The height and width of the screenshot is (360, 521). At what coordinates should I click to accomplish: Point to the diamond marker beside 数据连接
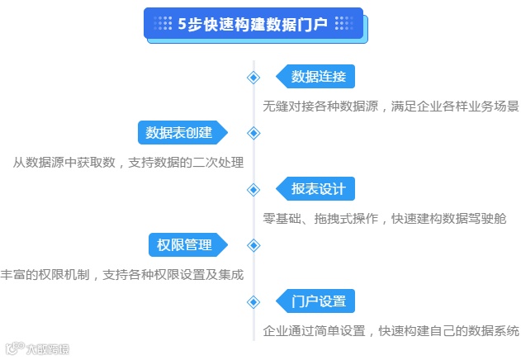[x=253, y=78]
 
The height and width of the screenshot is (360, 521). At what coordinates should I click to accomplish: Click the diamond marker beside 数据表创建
[x=253, y=133]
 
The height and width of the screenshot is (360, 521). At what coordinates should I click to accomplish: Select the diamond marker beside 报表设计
[x=253, y=189]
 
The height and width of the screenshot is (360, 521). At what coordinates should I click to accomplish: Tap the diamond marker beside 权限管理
[x=253, y=245]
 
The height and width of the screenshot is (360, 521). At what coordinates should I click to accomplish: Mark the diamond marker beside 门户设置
[x=253, y=301]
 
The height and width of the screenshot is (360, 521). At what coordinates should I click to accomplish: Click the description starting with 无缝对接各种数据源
[x=391, y=107]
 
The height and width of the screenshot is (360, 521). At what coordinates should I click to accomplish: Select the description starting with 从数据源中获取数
[x=128, y=163]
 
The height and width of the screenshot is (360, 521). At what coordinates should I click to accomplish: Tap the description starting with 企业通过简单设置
[x=391, y=331]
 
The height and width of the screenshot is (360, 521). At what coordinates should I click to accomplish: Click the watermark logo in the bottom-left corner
[x=37, y=349]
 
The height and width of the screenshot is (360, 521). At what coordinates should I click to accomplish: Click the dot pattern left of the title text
[x=163, y=24]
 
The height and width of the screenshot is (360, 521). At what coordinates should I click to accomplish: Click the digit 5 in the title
[x=182, y=24]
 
